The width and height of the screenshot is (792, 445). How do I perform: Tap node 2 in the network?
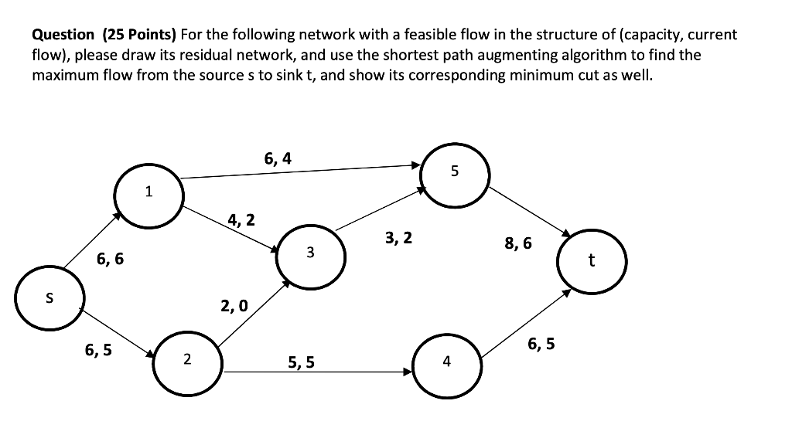point(186,360)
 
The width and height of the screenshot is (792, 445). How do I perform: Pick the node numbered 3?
point(310,253)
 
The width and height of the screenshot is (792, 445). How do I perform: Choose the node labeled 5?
point(454,172)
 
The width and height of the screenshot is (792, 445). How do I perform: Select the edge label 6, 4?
point(278,159)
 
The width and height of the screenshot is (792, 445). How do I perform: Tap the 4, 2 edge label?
point(241,220)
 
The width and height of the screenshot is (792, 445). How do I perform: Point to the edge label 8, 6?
point(518,243)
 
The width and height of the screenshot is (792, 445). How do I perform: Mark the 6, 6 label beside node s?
point(110,260)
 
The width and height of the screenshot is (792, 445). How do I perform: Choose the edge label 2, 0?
point(234,306)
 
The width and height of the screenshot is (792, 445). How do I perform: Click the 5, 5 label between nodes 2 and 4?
point(301,362)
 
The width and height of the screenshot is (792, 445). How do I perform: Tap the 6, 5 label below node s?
point(98,350)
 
